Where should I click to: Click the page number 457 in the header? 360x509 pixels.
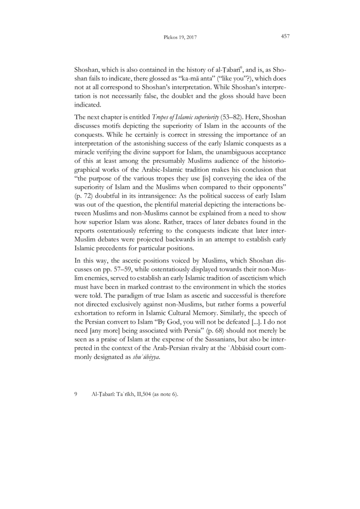284,36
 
